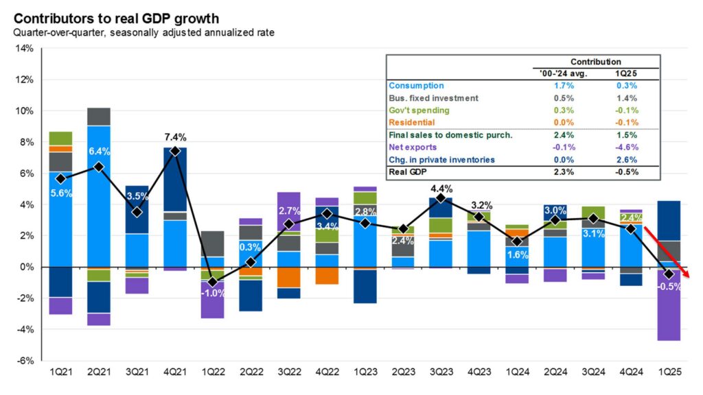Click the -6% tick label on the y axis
[x=24, y=361]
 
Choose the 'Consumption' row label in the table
[x=416, y=86]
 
